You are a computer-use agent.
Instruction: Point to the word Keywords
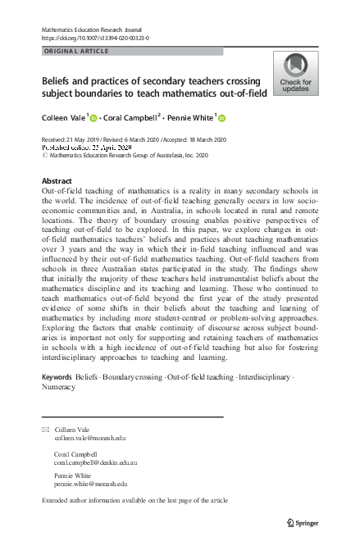click(x=57, y=375)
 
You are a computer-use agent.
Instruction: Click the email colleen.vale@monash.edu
click(x=90, y=439)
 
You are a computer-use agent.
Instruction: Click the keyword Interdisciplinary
click(x=262, y=375)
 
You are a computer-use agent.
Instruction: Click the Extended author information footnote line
click(x=134, y=500)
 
